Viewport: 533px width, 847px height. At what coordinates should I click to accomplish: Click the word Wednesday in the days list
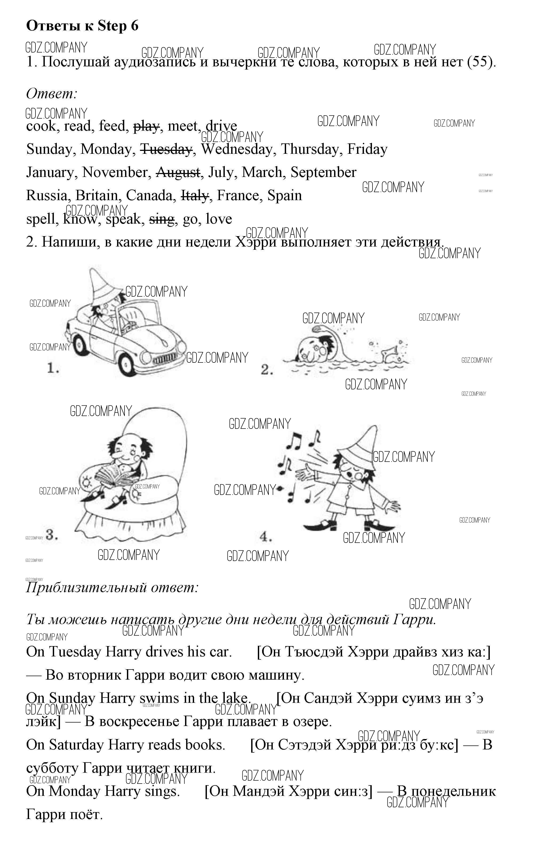pyautogui.click(x=237, y=149)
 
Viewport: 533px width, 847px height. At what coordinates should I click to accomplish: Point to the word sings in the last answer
pyautogui.click(x=162, y=791)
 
